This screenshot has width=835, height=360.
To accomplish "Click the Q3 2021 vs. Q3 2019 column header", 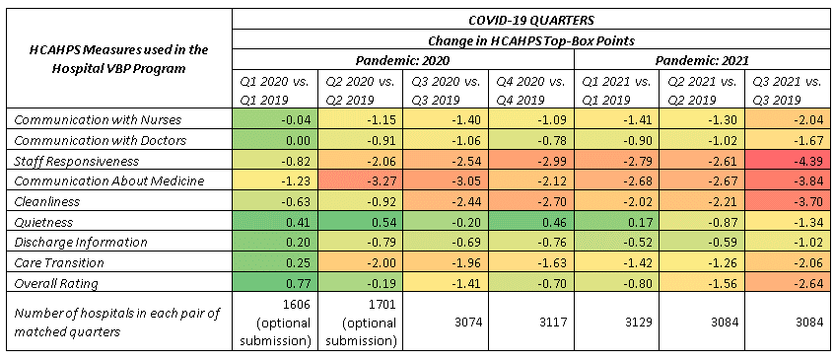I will point(787,90).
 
